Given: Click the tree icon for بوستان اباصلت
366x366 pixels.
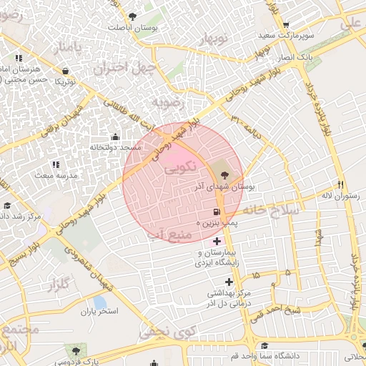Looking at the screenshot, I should coord(131,16).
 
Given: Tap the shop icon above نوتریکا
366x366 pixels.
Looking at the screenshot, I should coord(66,71).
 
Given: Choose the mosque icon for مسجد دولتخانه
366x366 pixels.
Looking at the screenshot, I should coord(116,137).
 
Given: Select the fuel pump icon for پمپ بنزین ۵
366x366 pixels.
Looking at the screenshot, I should coord(216,212).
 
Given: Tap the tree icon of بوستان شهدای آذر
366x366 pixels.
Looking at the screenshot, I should coord(224,173).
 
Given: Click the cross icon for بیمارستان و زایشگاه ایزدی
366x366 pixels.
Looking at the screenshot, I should coord(217,242).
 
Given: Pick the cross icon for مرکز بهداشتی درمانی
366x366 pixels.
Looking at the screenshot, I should coord(228,282).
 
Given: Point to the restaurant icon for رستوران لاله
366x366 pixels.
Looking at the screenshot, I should coord(340,184).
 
